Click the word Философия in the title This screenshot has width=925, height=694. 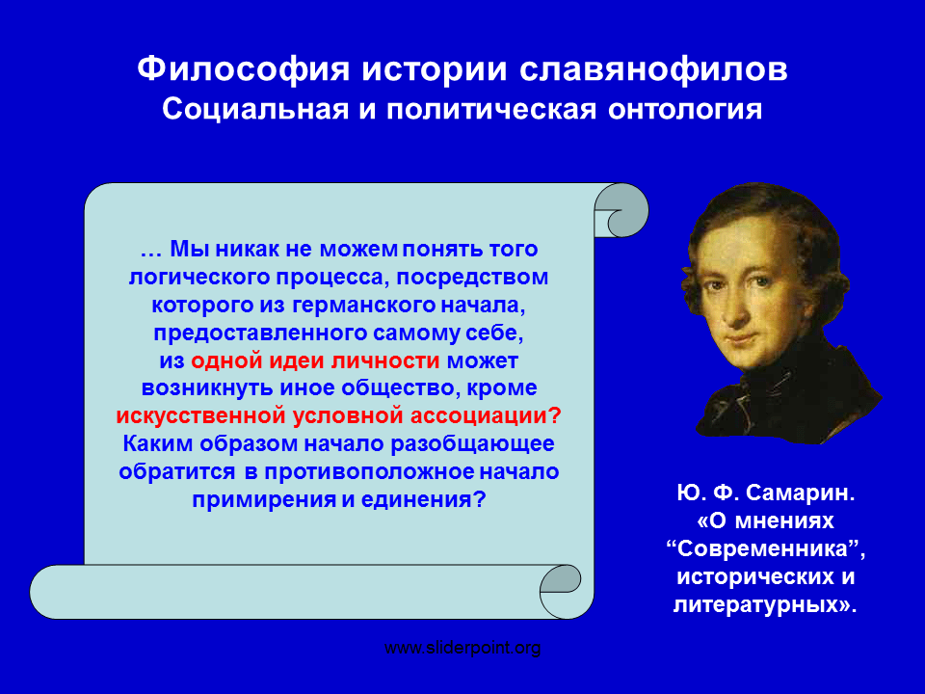click(x=243, y=69)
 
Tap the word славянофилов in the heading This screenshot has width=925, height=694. click(x=653, y=69)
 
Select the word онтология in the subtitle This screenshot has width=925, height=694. click(x=685, y=110)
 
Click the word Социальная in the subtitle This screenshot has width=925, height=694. click(x=255, y=110)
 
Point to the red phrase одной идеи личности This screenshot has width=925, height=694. click(x=315, y=360)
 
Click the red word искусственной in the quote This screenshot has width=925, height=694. click(x=201, y=416)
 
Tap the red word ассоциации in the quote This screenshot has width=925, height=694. click(x=479, y=416)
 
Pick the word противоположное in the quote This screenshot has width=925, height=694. click(x=369, y=472)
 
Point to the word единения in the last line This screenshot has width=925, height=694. click(x=416, y=500)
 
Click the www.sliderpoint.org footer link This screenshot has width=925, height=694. click(x=462, y=648)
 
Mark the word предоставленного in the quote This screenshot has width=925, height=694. click(x=260, y=334)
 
